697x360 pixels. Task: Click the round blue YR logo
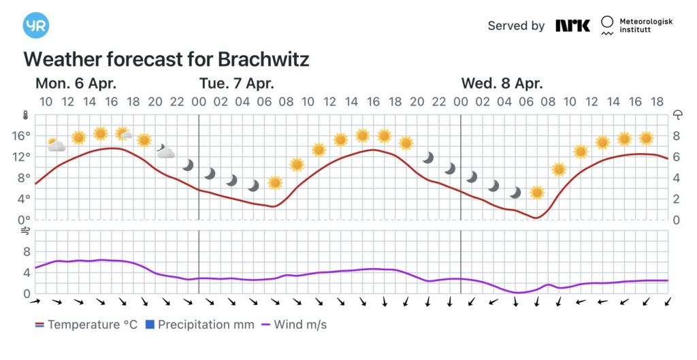point(36,25)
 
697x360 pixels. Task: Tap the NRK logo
point(572,26)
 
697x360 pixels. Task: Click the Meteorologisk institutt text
point(645,26)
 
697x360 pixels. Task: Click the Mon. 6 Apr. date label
point(76,84)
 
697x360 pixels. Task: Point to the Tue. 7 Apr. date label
point(237,84)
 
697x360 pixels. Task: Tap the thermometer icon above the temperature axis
point(25,115)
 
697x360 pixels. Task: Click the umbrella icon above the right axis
point(678,115)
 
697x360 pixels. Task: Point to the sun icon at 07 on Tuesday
point(275,182)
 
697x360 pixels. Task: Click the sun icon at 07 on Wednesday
point(537,193)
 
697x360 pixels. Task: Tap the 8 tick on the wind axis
point(27,251)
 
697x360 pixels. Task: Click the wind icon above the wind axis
point(26,231)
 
